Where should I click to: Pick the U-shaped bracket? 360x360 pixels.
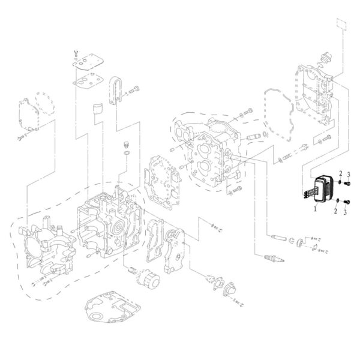click(x=116, y=91)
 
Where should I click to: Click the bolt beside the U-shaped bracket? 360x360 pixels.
click(x=136, y=89)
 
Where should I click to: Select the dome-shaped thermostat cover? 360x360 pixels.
click(x=229, y=289)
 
